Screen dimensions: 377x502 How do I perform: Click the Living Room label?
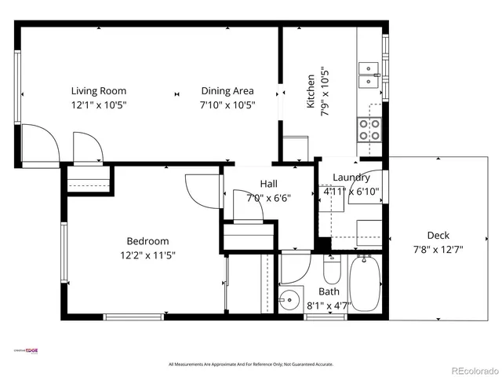(98, 90)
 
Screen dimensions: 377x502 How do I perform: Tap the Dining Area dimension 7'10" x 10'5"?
(227, 104)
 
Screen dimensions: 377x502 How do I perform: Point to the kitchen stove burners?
(369, 129)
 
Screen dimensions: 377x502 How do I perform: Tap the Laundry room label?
(351, 178)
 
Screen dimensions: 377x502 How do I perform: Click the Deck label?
(438, 235)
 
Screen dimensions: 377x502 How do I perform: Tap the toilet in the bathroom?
(331, 272)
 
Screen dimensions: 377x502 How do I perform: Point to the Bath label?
(329, 291)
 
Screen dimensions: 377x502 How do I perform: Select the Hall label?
(268, 184)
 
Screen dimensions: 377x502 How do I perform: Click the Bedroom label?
(147, 241)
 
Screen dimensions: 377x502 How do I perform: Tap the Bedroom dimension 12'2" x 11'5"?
(147, 255)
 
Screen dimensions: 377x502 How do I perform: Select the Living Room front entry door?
(39, 141)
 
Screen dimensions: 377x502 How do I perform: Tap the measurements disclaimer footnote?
(251, 364)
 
